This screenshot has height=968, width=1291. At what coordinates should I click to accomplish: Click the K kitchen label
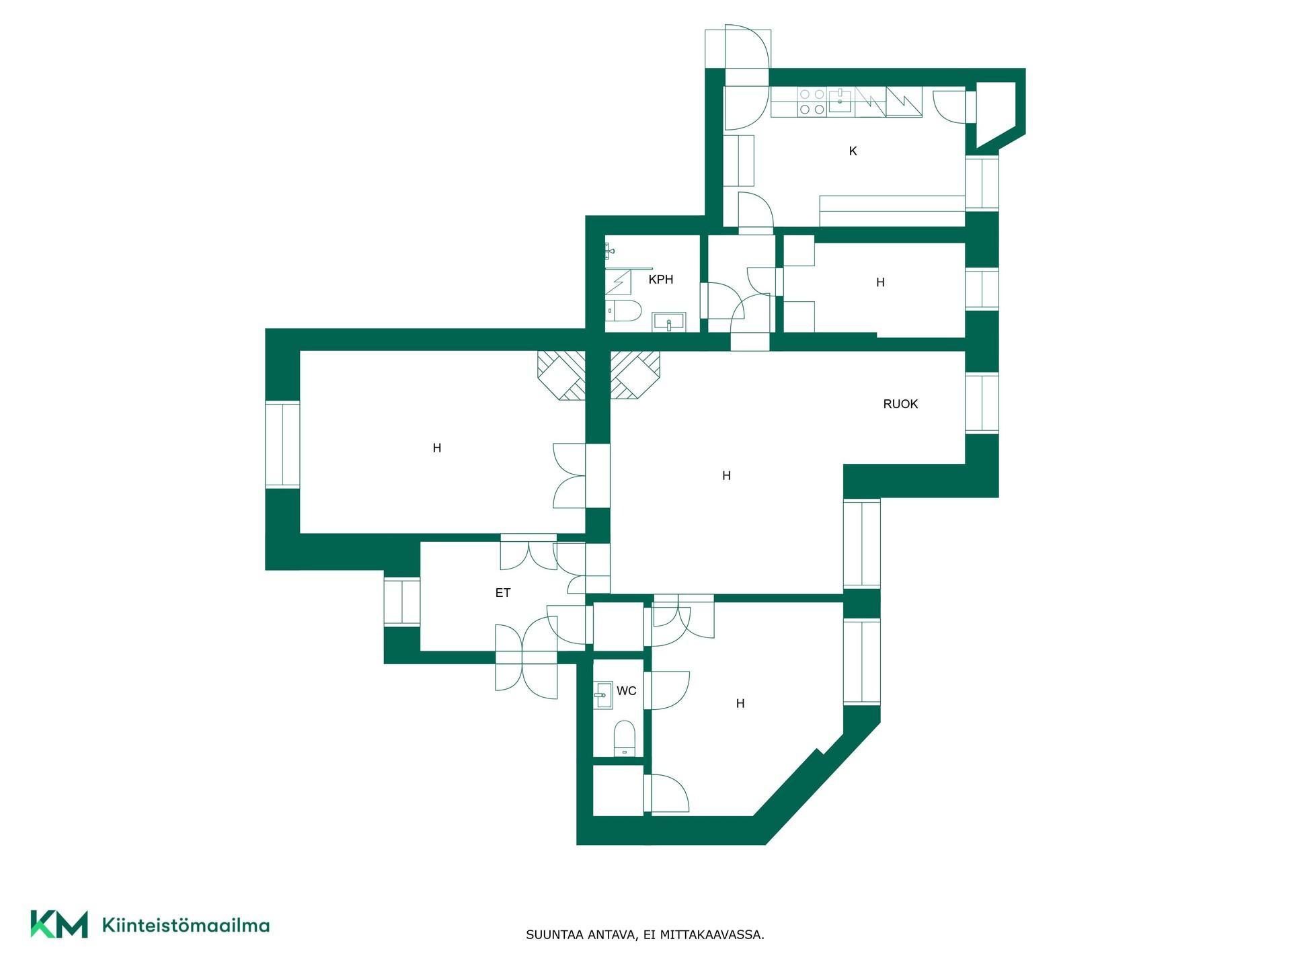coord(853,151)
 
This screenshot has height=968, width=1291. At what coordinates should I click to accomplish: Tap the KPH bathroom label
coord(661,280)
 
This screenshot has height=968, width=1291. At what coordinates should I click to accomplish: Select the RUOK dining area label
coord(900,404)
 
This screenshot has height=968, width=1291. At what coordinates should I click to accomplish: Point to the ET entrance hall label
coord(503,593)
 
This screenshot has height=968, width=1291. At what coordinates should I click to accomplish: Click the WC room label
coord(626,691)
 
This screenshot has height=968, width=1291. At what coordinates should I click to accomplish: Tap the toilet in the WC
coord(625,739)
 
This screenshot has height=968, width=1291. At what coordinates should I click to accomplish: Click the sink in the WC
coord(603,695)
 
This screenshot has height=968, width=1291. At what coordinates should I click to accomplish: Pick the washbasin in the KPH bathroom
coord(669,322)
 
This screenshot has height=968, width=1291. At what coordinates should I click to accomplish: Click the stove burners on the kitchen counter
coord(812,102)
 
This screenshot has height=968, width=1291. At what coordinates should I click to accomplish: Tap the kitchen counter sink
coord(840,101)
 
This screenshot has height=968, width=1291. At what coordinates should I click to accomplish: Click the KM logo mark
coord(59,924)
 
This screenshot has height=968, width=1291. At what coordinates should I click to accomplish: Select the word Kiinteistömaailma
coord(186,925)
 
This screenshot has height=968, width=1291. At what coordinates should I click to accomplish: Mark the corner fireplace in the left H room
coord(561,376)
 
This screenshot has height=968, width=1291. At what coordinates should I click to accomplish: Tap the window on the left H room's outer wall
coord(282,444)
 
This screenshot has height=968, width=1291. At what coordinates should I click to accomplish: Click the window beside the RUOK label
coord(982,403)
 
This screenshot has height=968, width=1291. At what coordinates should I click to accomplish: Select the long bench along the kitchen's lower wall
coord(892,211)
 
